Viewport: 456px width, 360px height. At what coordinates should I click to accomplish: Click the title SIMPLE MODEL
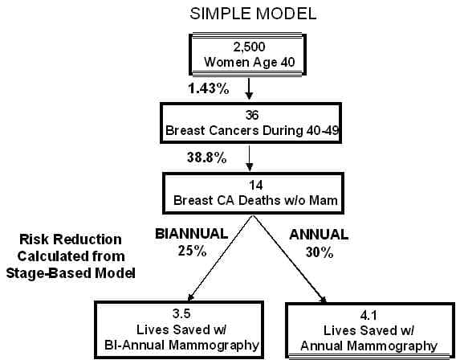253,14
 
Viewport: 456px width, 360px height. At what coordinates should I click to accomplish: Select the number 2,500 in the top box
249,47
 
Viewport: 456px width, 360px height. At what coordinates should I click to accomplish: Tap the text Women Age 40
250,63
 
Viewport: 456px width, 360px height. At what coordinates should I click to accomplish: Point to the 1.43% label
209,88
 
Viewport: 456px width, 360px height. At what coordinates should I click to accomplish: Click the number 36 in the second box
251,115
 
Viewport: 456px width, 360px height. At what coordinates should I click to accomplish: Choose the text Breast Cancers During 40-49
252,131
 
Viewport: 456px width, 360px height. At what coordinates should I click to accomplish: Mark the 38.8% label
207,157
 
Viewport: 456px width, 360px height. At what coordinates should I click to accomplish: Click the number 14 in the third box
255,185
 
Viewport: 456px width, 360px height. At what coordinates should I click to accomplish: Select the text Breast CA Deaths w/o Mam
255,201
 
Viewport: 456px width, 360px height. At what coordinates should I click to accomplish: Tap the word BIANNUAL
191,234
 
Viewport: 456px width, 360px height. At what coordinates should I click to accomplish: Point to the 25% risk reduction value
192,251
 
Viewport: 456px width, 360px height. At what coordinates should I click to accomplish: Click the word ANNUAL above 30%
319,235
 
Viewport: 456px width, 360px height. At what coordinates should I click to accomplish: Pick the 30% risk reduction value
320,252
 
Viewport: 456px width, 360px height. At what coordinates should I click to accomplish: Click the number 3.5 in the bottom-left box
181,313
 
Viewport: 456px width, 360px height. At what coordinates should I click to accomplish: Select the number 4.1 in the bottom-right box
368,316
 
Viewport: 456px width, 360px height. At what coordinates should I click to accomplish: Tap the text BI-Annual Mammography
181,346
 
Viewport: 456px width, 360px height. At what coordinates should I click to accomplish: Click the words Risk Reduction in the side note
71,239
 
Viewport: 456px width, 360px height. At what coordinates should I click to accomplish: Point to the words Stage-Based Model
71,273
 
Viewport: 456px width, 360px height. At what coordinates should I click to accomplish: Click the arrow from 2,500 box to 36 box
249,88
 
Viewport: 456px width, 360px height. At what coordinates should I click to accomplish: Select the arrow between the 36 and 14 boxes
249,158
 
